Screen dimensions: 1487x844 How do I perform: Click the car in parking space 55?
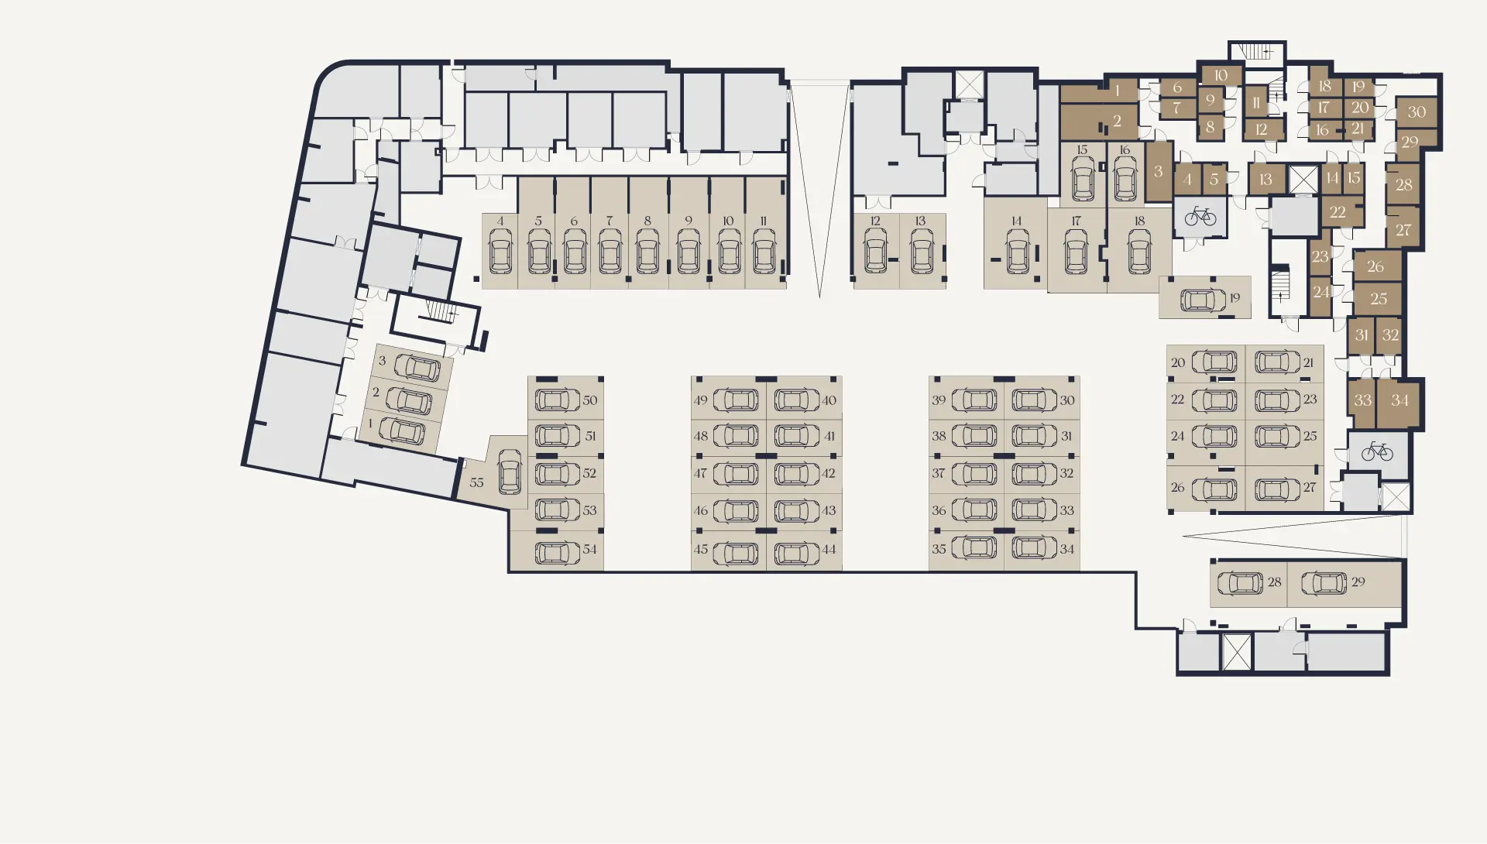pyautogui.click(x=510, y=472)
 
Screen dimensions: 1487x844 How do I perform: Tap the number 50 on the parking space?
pyautogui.click(x=590, y=400)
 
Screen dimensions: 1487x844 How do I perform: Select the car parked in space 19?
pyautogui.click(x=1203, y=299)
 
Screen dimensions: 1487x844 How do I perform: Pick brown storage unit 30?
pyautogui.click(x=1417, y=112)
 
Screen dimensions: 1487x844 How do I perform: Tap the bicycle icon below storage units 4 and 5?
pyautogui.click(x=1200, y=215)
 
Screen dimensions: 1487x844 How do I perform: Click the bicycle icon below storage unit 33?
pyautogui.click(x=1377, y=451)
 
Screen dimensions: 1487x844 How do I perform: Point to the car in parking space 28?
pyautogui.click(x=1240, y=582)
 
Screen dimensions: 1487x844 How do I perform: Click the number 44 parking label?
pyautogui.click(x=829, y=549)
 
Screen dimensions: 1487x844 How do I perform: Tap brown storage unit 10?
pyautogui.click(x=1221, y=76)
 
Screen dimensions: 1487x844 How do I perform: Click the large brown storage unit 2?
pyautogui.click(x=1100, y=122)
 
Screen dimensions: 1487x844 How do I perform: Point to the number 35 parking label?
pyautogui.click(x=939, y=549)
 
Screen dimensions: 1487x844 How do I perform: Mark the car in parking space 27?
pyautogui.click(x=1278, y=489)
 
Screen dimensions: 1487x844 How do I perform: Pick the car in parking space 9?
pyautogui.click(x=688, y=251)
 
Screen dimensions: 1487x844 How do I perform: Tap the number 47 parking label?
pyautogui.click(x=700, y=473)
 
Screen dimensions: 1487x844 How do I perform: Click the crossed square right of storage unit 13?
pyautogui.click(x=1303, y=180)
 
